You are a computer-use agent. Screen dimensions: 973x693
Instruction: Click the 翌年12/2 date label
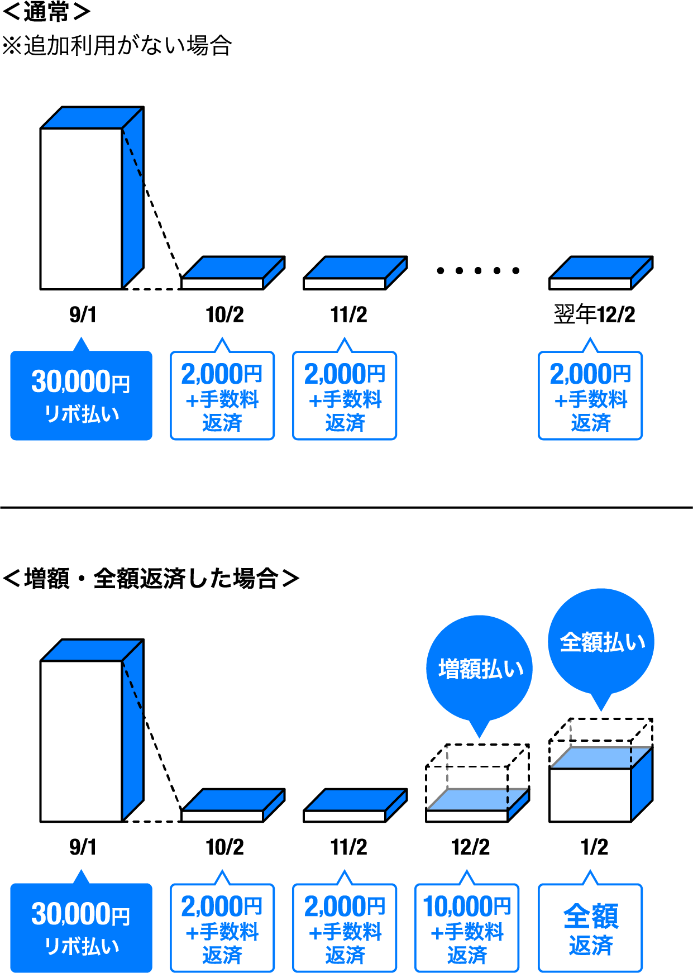coord(594,314)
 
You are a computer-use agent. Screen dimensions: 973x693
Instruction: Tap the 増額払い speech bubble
coord(479,669)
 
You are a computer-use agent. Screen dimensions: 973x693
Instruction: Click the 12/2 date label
coord(470,847)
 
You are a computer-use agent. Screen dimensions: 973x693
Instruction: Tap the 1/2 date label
coord(594,847)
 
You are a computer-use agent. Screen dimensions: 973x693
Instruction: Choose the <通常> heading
coord(46,12)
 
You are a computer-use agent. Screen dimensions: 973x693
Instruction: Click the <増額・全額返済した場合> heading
coord(151,579)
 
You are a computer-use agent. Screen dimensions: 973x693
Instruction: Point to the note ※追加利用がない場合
coord(117,46)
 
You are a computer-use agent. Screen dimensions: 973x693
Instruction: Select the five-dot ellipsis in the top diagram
coord(478,271)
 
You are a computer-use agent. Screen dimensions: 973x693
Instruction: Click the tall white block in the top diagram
coord(82,208)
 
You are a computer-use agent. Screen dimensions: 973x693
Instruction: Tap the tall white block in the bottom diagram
coord(82,741)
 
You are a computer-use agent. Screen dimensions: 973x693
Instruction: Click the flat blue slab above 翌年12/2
coord(601,273)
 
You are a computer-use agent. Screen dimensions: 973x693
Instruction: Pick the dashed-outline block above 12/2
coord(477,783)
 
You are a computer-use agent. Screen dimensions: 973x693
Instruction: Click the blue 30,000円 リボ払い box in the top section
coord(81,395)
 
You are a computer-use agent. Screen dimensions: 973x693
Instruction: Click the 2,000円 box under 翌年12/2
coord(590,395)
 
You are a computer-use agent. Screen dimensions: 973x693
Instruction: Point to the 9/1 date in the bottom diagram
coord(82,847)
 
